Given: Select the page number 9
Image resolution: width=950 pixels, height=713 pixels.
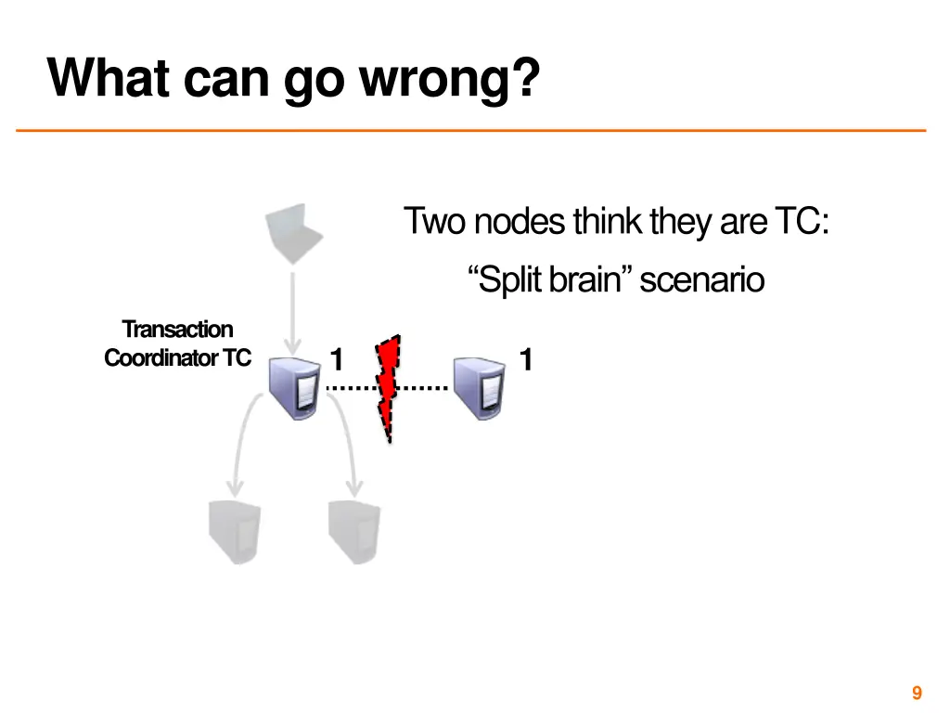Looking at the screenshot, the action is [917, 693].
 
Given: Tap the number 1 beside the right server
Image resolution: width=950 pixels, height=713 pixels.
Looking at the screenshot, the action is [526, 359].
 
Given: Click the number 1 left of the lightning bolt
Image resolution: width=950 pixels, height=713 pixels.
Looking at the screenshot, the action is [338, 359].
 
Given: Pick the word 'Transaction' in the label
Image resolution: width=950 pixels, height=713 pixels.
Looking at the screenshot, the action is [177, 330].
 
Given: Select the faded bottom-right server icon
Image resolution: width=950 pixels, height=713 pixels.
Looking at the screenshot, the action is [354, 532].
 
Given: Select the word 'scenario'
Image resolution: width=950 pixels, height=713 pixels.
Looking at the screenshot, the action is [701, 279].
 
